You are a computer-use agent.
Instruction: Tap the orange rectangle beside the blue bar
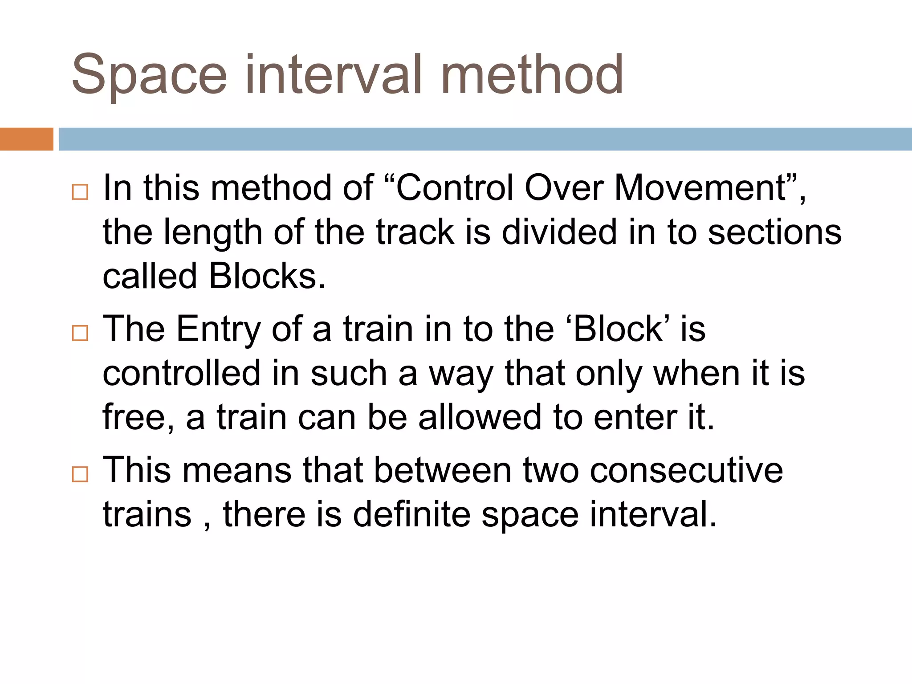(26, 139)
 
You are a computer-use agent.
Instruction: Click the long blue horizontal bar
(485, 139)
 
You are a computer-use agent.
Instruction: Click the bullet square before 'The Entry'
(80, 333)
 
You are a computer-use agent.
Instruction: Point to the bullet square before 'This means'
(80, 474)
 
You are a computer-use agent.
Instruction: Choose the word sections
(775, 232)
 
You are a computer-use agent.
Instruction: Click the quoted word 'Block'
(619, 329)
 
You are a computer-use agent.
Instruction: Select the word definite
(412, 514)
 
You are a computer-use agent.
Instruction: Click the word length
(213, 232)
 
